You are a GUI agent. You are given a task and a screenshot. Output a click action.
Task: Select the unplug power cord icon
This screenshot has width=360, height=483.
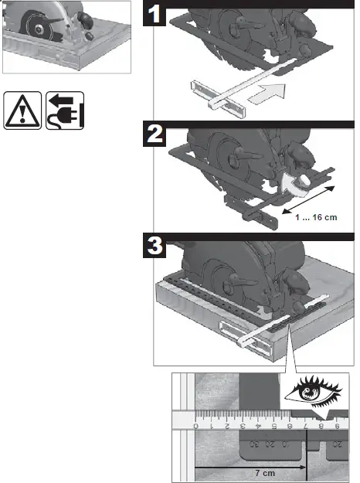click(x=65, y=111)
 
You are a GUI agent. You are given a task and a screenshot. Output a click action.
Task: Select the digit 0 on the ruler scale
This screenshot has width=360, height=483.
click(x=196, y=427)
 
